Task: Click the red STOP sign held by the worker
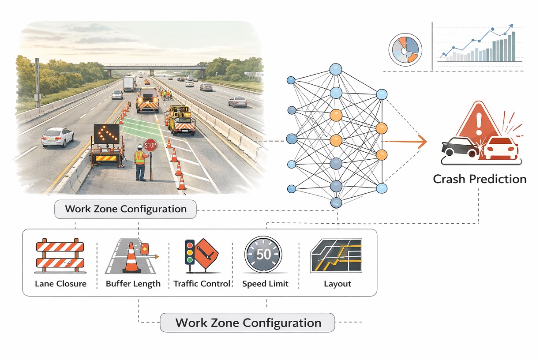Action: (150, 145)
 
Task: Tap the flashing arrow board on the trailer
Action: (106, 134)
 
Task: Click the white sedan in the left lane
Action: (58, 137)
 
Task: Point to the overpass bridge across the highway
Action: (154, 67)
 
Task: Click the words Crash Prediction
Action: (480, 179)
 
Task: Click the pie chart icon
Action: (405, 50)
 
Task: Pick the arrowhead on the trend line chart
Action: (511, 26)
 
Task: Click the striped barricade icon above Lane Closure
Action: (59, 256)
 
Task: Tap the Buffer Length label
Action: (133, 284)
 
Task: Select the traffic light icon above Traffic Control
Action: (190, 252)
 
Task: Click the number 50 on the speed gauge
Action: (263, 255)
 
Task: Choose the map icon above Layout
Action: (337, 256)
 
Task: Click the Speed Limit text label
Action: (265, 284)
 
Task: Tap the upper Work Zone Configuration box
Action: (125, 209)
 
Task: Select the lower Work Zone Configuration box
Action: (247, 322)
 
